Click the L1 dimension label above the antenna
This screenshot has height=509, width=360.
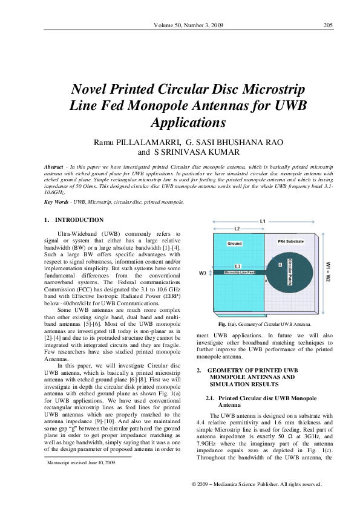tap(263, 222)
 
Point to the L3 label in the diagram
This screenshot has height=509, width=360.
tap(238, 266)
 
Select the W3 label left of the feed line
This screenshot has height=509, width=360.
tap(203, 273)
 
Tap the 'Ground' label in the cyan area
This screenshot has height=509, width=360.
tap(234, 243)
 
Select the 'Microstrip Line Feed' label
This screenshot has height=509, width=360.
tap(240, 273)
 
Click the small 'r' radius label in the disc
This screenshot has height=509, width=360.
tap(280, 264)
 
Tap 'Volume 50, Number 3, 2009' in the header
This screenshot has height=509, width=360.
tap(189, 25)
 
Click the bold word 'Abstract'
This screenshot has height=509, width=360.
tap(56, 166)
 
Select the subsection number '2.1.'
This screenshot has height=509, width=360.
tap(211, 400)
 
